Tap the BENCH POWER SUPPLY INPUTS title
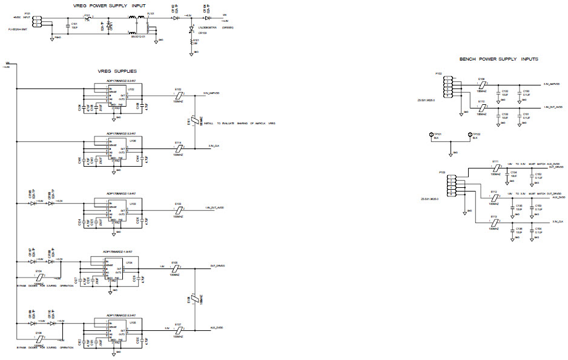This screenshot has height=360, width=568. coord(498,59)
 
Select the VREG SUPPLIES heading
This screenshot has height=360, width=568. coord(117,71)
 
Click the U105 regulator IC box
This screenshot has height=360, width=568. coord(117,330)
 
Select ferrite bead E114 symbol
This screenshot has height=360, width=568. coord(178,147)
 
